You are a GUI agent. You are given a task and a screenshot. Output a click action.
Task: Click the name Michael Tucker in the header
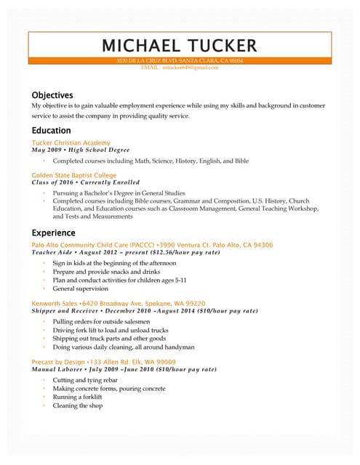click(180, 45)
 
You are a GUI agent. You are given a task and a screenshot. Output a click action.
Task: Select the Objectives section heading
click(52, 95)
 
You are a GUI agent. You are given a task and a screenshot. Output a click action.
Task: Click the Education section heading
click(51, 131)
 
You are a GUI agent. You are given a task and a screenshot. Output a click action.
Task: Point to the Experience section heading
click(53, 232)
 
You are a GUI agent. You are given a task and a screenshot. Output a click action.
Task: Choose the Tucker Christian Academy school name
click(71, 143)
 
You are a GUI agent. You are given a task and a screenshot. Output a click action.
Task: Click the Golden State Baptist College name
click(74, 175)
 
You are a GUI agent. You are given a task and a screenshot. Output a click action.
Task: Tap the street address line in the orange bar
click(180, 61)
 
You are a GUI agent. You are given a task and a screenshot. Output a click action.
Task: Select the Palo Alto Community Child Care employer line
click(152, 246)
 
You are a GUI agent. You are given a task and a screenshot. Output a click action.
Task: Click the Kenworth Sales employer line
click(119, 303)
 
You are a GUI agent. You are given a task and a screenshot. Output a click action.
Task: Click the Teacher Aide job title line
click(126, 253)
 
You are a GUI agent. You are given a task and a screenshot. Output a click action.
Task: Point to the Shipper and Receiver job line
click(145, 310)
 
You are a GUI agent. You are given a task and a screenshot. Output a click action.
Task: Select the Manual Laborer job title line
click(124, 369)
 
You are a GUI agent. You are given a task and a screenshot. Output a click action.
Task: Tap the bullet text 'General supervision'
click(82, 288)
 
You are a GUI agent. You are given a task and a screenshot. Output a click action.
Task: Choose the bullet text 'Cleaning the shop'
click(78, 405)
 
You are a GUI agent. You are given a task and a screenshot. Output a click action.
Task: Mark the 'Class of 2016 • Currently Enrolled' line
click(86, 182)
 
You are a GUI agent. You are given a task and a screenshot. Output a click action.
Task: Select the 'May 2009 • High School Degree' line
click(81, 150)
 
